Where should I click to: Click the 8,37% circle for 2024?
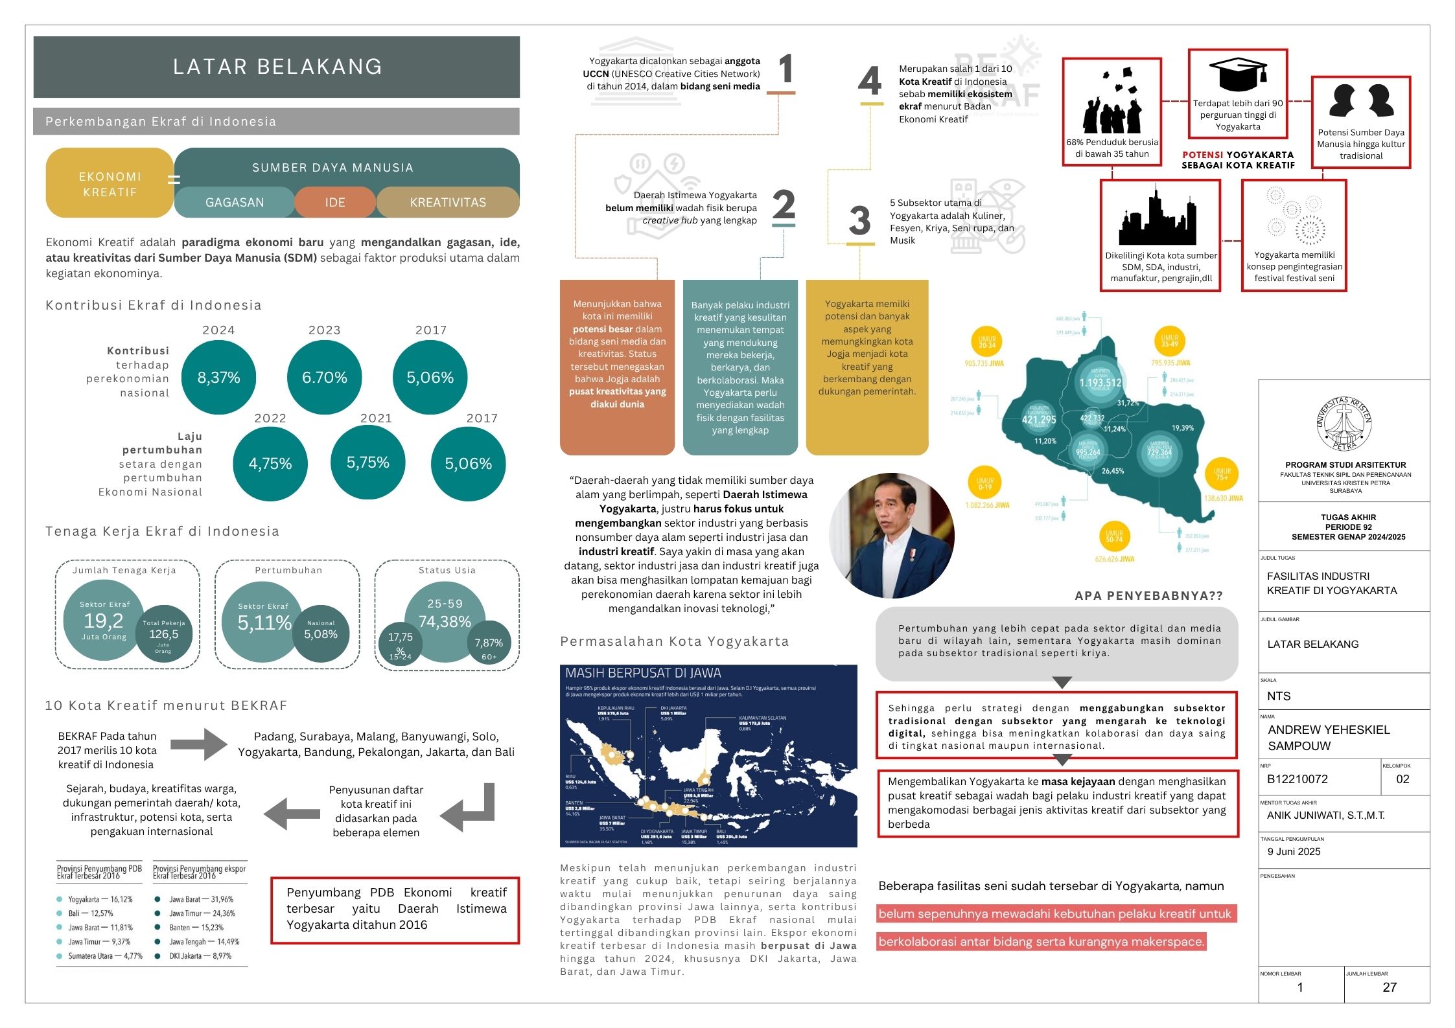coord(218,377)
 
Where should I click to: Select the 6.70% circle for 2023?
coord(324,377)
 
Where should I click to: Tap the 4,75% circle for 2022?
coord(270,463)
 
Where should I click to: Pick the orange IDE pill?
coord(335,202)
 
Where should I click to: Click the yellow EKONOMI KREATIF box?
coord(110,184)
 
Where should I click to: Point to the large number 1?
coord(786,69)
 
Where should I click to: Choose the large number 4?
coord(870,82)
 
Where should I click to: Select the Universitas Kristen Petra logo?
coord(1344,424)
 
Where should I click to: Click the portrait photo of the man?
coord(892,535)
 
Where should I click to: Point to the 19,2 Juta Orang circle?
coord(104,621)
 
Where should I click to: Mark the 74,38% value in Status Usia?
coord(445,622)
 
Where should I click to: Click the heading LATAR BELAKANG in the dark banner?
coord(277,67)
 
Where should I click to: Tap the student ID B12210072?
coord(1298,779)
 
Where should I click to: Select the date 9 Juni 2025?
coord(1294,852)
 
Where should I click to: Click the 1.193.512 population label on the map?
coord(1100,383)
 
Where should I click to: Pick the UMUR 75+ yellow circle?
coord(1222,474)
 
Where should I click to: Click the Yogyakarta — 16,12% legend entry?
coord(100,900)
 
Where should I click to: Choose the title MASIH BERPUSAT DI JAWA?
coord(643,673)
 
